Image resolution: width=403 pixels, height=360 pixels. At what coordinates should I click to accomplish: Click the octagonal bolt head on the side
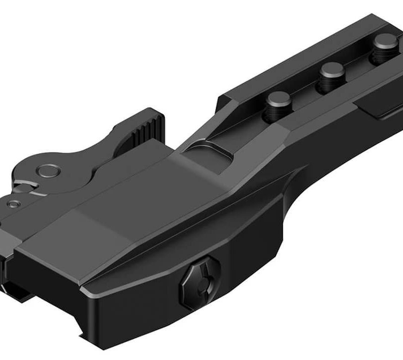click(x=200, y=282)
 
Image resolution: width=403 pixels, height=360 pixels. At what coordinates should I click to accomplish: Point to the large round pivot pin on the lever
click(x=50, y=171)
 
